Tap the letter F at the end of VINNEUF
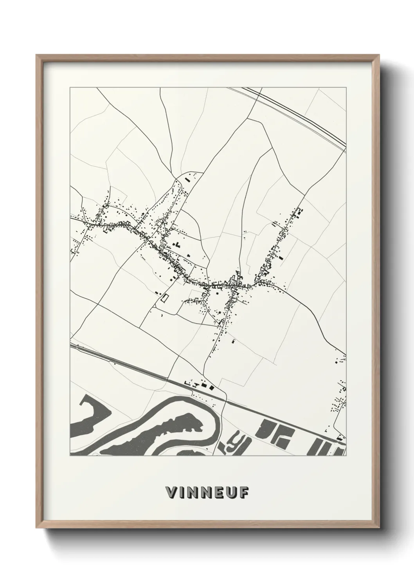click(x=243, y=493)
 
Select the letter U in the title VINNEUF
click(x=231, y=493)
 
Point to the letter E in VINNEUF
click(x=219, y=493)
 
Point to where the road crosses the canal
click(x=225, y=399)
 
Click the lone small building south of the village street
click(x=234, y=342)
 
